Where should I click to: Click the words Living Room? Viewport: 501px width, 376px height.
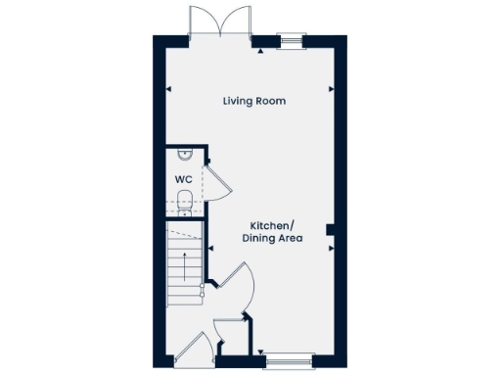pos(253,101)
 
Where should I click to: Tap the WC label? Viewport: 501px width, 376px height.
pos(182,180)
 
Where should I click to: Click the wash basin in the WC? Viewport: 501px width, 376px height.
pos(184,154)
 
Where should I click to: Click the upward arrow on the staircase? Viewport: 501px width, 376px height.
pos(179,264)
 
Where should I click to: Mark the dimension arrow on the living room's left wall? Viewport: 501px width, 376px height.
pos(169,89)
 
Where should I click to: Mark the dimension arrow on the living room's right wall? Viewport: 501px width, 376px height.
pos(333,89)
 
